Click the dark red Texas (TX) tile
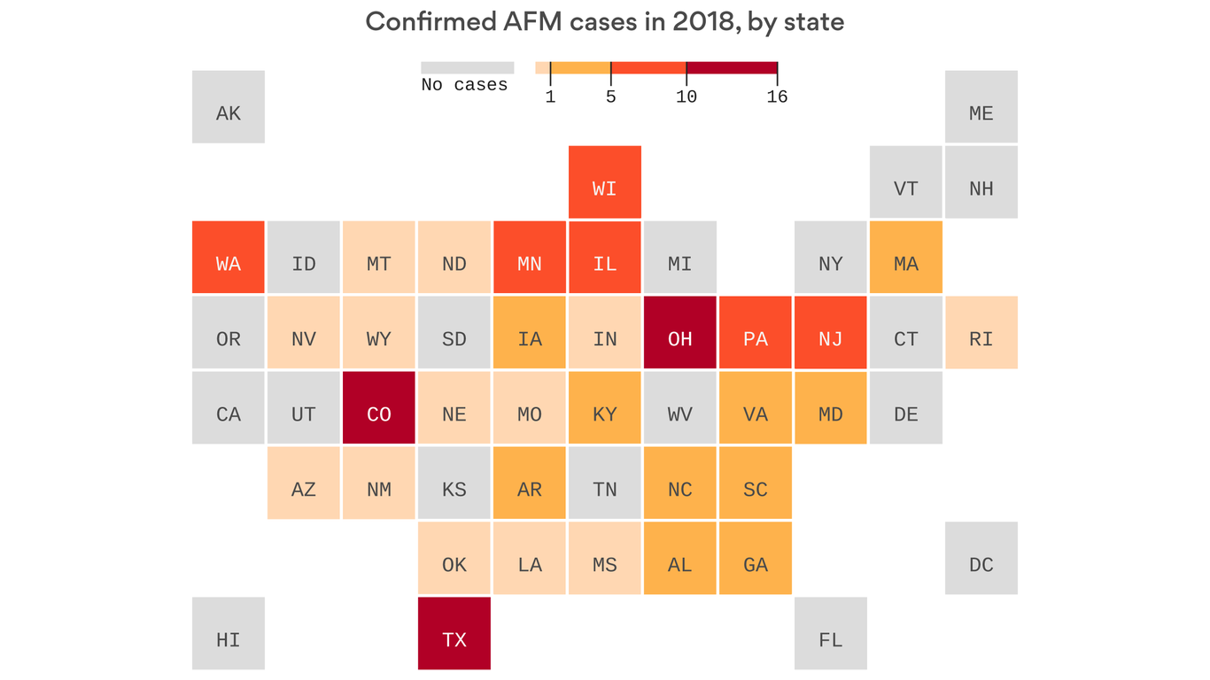pyautogui.click(x=454, y=633)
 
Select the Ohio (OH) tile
pyautogui.click(x=679, y=332)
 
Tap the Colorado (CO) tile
pyautogui.click(x=378, y=407)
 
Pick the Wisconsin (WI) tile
pyautogui.click(x=604, y=182)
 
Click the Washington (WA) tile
pyautogui.click(x=228, y=257)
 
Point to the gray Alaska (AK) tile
pyautogui.click(x=228, y=106)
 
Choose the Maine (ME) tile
pyautogui.click(x=981, y=106)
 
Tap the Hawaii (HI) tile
pyautogui.click(x=228, y=633)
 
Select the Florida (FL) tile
pyautogui.click(x=830, y=633)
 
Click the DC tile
pyautogui.click(x=981, y=558)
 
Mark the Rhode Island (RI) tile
pyautogui.click(x=981, y=332)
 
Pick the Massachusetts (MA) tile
pyautogui.click(x=905, y=257)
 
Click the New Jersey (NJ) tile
pyautogui.click(x=830, y=332)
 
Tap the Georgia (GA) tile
pyautogui.click(x=755, y=558)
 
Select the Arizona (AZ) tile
pyautogui.click(x=303, y=483)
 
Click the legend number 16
pyautogui.click(x=777, y=97)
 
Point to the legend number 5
pyautogui.click(x=610, y=97)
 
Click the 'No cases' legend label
pyautogui.click(x=464, y=85)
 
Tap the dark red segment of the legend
pyautogui.click(x=732, y=68)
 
